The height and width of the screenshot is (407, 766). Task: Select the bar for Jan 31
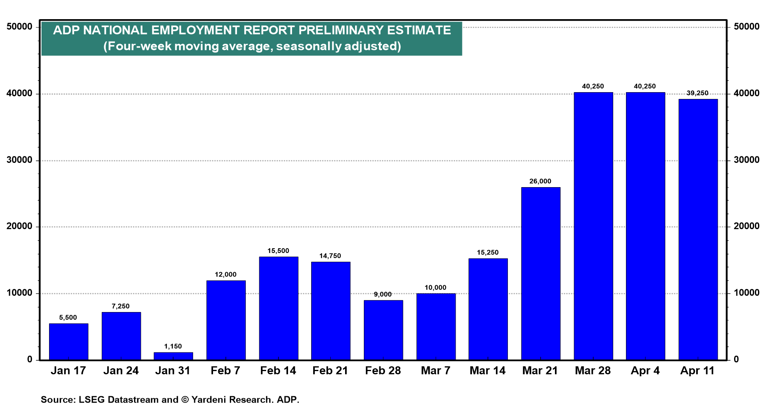173,356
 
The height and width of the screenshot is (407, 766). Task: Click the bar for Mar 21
541,274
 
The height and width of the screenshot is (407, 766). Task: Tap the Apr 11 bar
698,229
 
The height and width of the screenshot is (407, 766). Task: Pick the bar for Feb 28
383,330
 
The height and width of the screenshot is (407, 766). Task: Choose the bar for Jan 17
69,342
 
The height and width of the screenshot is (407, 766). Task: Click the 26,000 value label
540,181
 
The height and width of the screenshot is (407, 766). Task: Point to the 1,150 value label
173,346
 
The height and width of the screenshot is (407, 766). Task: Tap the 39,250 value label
697,93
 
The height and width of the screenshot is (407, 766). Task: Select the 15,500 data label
278,251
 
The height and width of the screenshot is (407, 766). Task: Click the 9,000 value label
383,294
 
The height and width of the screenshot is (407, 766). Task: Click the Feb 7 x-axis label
225,371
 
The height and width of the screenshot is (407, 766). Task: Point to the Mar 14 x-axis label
488,371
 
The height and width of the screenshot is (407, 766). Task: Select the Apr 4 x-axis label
645,371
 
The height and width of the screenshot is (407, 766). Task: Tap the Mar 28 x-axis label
593,371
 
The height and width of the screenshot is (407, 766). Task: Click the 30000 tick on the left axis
20,160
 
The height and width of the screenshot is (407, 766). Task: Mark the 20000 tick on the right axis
747,226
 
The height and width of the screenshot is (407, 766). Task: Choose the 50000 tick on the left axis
20,27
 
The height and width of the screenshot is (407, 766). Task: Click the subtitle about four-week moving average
252,46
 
